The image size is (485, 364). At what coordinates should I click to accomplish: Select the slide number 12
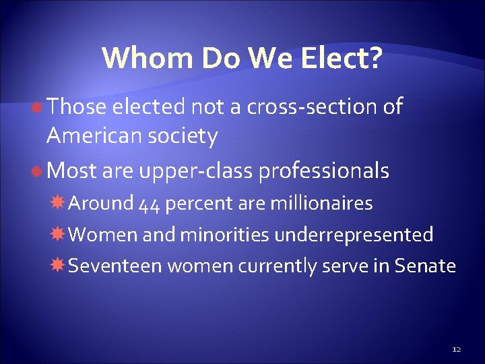click(x=456, y=349)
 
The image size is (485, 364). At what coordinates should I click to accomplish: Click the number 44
click(x=149, y=204)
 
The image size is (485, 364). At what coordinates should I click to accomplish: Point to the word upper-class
click(x=197, y=172)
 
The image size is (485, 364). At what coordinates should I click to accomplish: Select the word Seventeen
click(x=115, y=266)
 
